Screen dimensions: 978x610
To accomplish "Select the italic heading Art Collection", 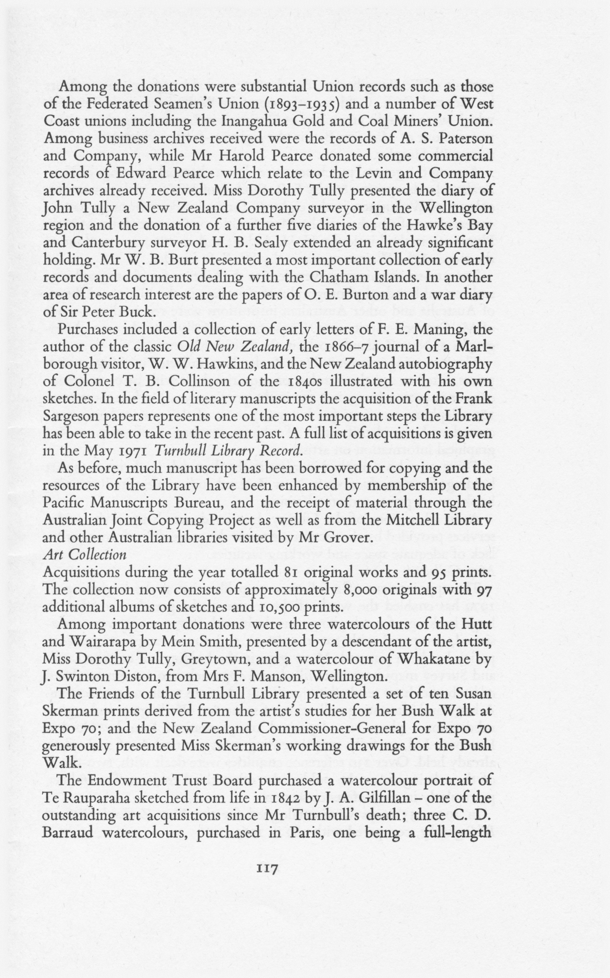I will tap(85, 555).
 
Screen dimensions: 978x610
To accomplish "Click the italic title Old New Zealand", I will tap(235, 347).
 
